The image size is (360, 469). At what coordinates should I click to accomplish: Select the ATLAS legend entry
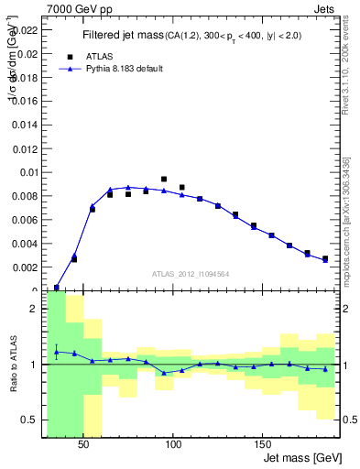(x=96, y=55)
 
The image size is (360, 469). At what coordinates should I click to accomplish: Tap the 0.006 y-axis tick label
(x=25, y=220)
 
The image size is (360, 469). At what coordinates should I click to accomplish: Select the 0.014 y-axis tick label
(x=25, y=125)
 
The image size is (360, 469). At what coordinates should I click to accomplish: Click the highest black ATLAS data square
(x=164, y=180)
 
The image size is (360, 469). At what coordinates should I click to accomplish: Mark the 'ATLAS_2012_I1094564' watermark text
(x=190, y=274)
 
